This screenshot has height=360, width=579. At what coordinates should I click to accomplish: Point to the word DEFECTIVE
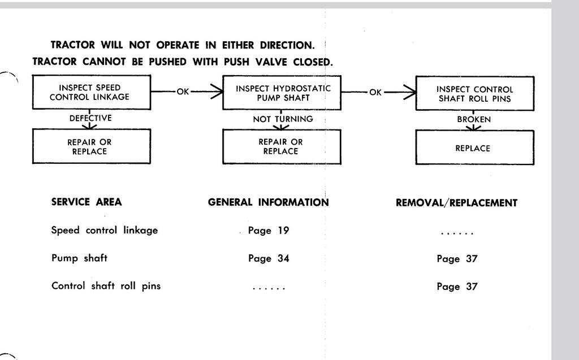coord(90,118)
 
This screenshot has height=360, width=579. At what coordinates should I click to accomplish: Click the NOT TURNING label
coord(283,119)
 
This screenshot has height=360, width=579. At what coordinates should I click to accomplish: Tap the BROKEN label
coord(474,119)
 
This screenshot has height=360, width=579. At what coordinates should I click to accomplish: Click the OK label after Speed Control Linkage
coord(183,92)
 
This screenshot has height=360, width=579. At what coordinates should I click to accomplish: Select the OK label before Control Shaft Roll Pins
coord(375,92)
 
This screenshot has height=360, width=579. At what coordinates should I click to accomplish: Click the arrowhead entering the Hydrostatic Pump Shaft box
coord(217,92)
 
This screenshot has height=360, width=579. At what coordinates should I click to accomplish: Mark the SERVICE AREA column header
coord(87,202)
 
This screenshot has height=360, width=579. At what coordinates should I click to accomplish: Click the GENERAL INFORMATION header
coord(268,202)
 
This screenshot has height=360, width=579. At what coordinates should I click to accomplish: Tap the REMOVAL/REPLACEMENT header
coord(456,203)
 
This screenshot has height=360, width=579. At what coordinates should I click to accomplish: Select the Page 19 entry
coord(269,231)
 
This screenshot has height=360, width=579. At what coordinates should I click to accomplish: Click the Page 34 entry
coord(269,258)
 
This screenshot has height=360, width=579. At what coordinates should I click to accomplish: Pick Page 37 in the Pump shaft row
coord(457,258)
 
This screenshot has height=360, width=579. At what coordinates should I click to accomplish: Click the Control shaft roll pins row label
coord(106,286)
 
